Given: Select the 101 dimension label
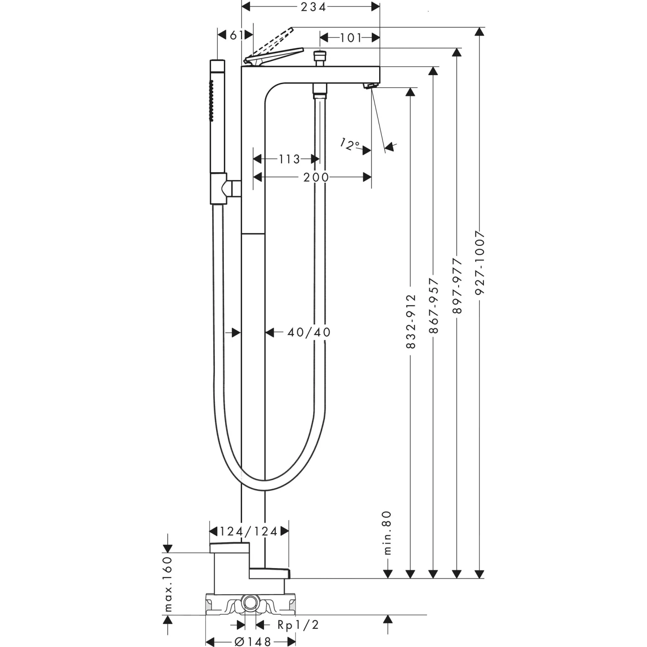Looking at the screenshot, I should click(350, 38).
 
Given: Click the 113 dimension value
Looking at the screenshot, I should click(289, 159).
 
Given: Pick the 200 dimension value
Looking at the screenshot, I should click(316, 177).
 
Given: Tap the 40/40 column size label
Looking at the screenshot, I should click(309, 332).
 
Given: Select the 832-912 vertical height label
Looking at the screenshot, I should click(411, 321).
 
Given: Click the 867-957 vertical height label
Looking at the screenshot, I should click(434, 305).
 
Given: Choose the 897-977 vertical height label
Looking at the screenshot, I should click(457, 286).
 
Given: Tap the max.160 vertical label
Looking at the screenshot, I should click(168, 584).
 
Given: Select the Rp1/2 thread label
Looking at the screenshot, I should click(298, 625).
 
